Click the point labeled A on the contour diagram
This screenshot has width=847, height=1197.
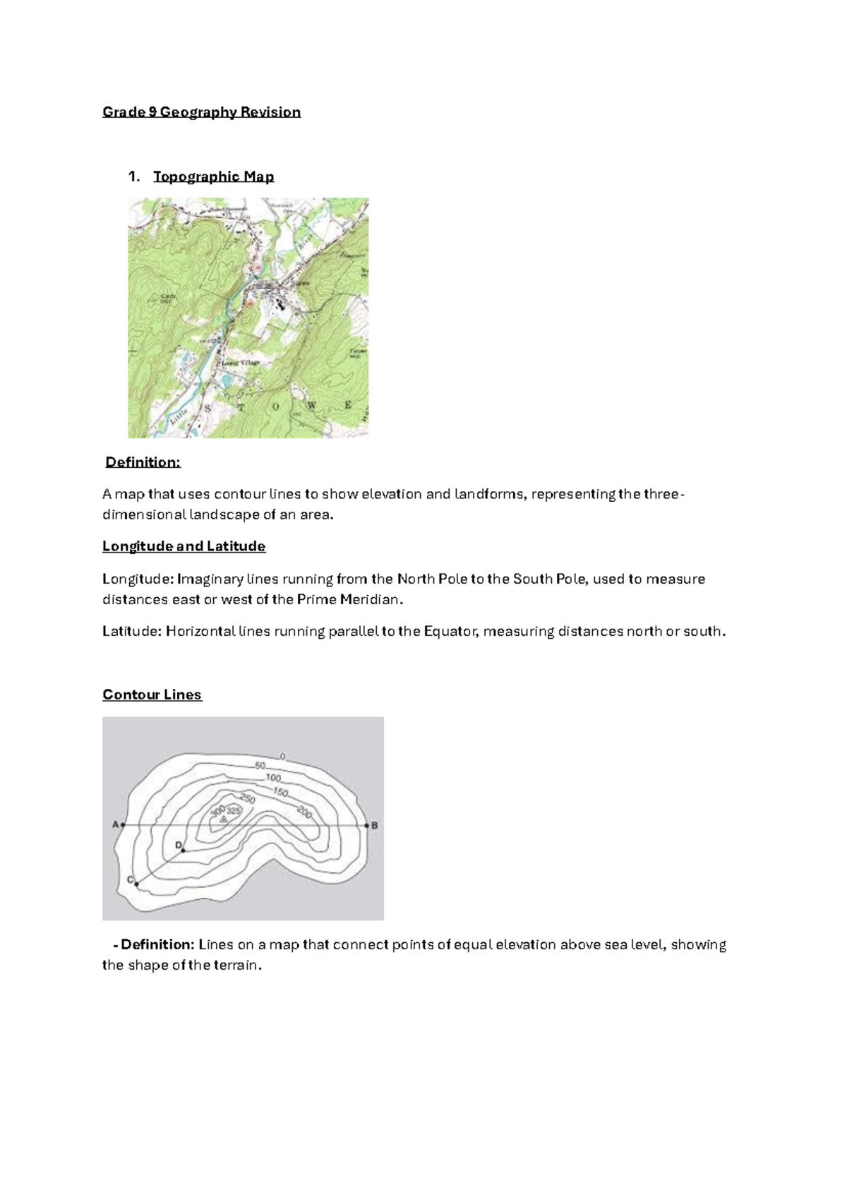coord(123,824)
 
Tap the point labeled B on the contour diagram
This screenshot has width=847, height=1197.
coord(366,824)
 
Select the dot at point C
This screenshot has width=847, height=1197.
coord(136,884)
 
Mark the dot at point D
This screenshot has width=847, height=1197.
coord(183,850)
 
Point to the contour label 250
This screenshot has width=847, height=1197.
coord(247,798)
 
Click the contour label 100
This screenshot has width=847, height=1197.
coord(273,778)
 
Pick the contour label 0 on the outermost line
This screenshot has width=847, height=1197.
coord(282,757)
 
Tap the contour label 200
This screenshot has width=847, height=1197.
coord(304,812)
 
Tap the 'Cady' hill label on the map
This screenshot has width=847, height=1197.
coord(168,296)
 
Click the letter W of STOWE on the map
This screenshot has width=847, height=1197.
coord(311,406)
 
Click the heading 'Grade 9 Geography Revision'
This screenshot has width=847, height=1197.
coord(201,112)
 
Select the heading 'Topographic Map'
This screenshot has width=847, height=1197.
coord(213,176)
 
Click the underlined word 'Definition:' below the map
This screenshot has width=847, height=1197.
coord(143,462)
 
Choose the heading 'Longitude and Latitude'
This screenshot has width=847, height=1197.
coord(184,546)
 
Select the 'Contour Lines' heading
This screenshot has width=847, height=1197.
coord(152,694)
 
